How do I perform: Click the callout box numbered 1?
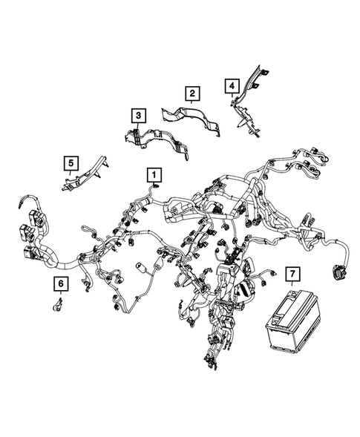[154, 174]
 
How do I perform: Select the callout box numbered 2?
[192, 93]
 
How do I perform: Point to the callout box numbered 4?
[232, 87]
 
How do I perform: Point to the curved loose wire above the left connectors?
[30, 202]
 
